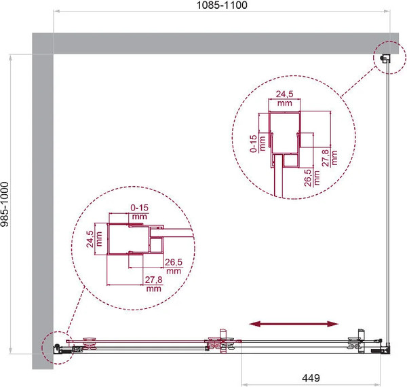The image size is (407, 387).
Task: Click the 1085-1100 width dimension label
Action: coord(222,5)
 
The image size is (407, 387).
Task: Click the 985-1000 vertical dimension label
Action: coord(5,204)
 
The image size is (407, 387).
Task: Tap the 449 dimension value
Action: coord(311,377)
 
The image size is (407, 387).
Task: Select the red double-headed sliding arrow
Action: coord(294,324)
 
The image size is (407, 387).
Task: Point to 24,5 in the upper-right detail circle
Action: coord(284,94)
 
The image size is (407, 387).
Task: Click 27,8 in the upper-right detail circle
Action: coord(325,158)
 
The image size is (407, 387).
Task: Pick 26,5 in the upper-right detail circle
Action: coord(307,178)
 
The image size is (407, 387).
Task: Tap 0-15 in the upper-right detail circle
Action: coord(253,143)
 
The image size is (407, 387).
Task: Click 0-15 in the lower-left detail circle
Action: coord(139,208)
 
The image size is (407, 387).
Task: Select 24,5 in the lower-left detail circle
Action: coord(90,239)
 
